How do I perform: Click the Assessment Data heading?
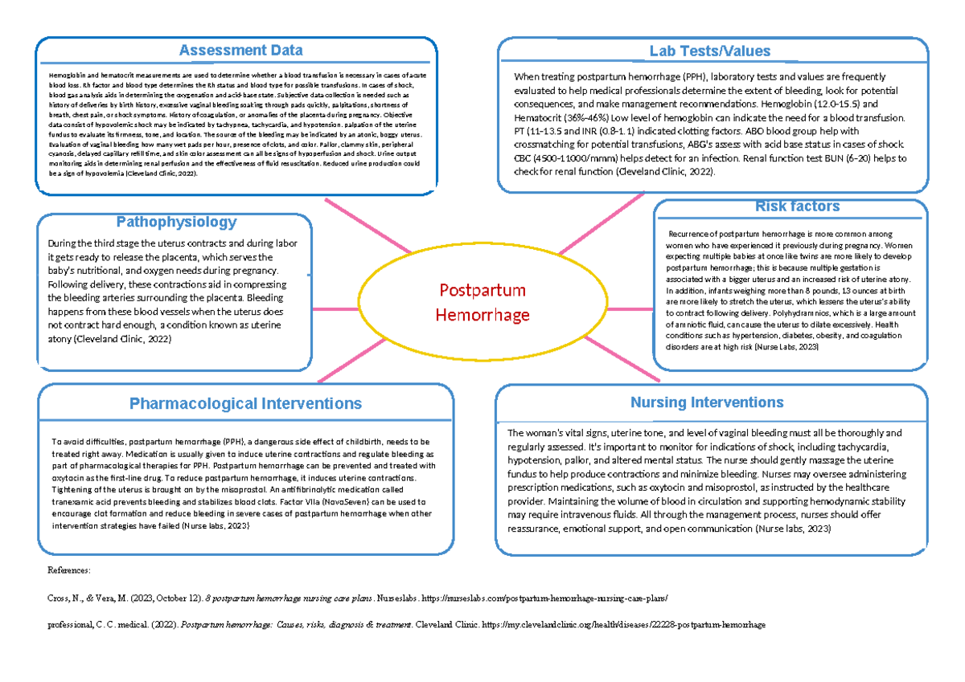pyautogui.click(x=240, y=51)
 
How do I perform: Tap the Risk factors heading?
pyautogui.click(x=786, y=206)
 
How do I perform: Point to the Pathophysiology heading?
pyautogui.click(x=176, y=222)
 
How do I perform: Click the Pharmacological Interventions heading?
pyautogui.click(x=246, y=403)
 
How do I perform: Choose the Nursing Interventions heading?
pyautogui.click(x=707, y=402)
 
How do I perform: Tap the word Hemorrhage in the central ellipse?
pyautogui.click(x=482, y=314)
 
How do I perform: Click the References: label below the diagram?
pyautogui.click(x=71, y=570)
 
